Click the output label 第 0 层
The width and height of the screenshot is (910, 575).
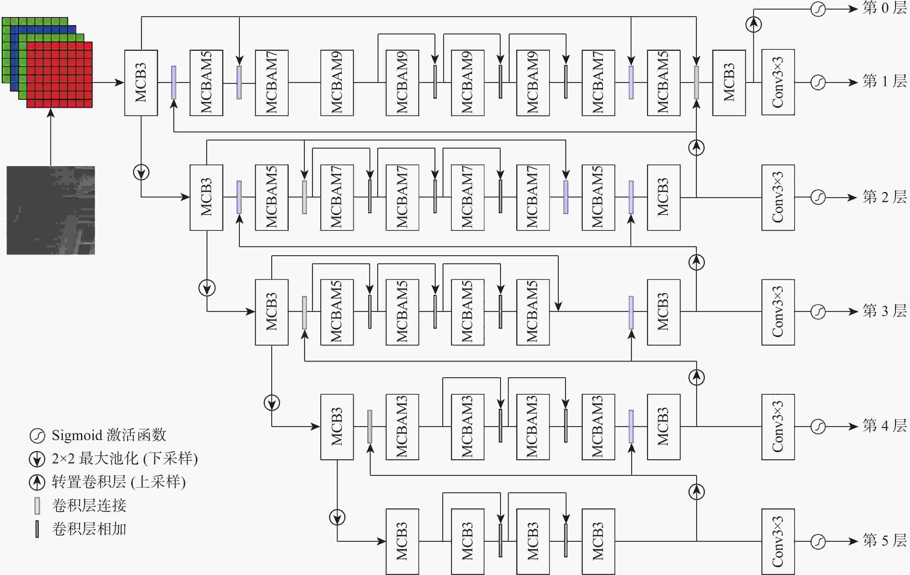[x=884, y=8]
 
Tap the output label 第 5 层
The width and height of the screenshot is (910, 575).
[x=884, y=541]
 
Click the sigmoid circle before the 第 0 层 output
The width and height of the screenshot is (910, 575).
[x=818, y=9]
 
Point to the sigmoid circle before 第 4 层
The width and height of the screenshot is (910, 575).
[x=818, y=427]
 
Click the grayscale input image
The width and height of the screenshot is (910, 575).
[x=51, y=210]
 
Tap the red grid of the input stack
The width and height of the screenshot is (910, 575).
[x=59, y=75]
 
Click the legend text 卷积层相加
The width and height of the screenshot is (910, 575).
[x=89, y=529]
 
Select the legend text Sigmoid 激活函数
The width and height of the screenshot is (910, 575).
[x=109, y=435]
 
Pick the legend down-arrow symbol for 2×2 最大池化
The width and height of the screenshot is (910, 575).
[x=37, y=459]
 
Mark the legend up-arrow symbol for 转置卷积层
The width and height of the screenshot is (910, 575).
[x=37, y=482]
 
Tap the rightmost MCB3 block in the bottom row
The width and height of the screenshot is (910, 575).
[x=598, y=542]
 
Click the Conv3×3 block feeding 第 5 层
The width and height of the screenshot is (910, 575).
[x=778, y=542]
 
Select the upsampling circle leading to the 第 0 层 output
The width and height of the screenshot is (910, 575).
[x=753, y=25]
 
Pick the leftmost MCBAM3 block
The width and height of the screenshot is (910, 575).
[x=402, y=427]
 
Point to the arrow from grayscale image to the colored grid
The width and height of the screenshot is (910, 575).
[x=51, y=137]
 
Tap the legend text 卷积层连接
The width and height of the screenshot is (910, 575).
[x=89, y=505]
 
